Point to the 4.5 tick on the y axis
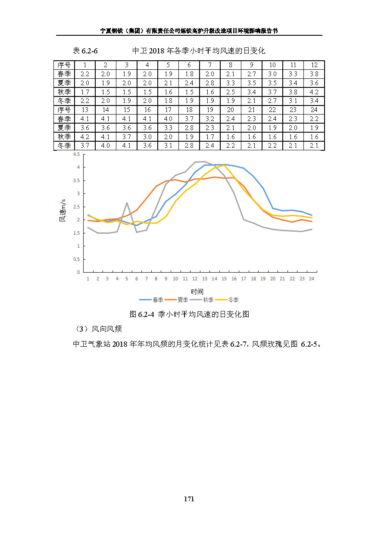click(76, 154)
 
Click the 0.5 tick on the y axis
click(76, 259)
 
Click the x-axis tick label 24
click(312, 279)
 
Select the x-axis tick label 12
click(195, 279)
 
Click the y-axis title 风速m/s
click(62, 210)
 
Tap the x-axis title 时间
click(197, 292)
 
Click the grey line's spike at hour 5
click(127, 202)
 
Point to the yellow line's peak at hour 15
click(224, 165)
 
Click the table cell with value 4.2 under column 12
click(314, 92)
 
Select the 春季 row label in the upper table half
click(64, 74)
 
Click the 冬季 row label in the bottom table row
click(64, 146)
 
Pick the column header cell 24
click(314, 110)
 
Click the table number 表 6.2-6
click(85, 51)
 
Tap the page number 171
click(189, 499)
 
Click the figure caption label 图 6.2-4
click(142, 314)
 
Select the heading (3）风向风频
click(98, 329)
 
